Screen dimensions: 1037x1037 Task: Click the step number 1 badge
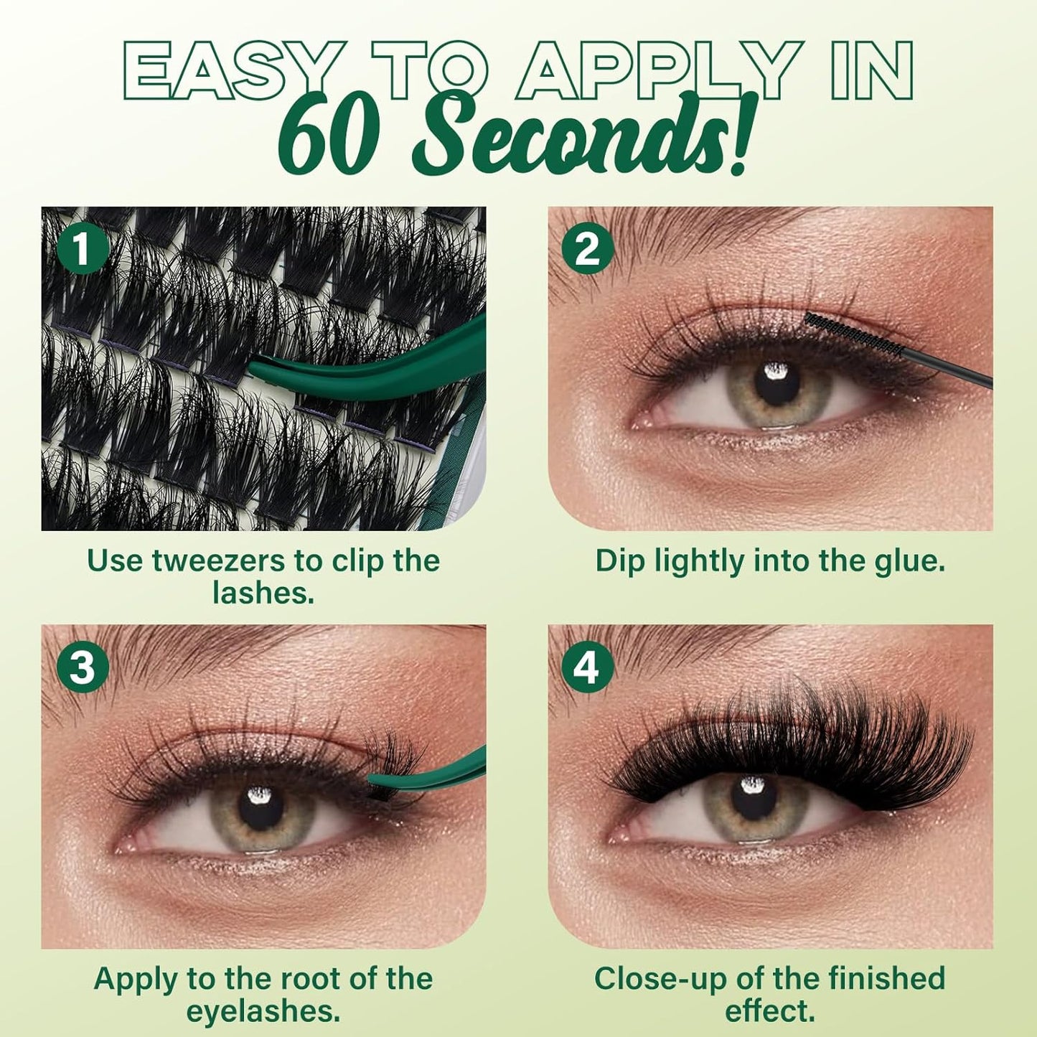83,250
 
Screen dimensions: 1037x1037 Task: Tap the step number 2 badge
588,250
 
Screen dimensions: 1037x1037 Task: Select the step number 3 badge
83,667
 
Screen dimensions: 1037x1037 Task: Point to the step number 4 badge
588,667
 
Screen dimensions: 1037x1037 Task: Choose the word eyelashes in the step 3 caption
263,1012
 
